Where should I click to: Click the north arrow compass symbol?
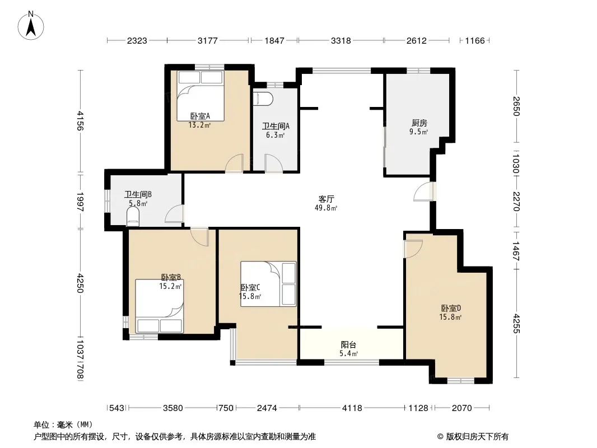tap(31, 26)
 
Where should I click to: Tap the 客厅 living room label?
tap(327, 199)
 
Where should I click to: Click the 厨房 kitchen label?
tap(419, 123)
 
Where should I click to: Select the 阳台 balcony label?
tap(348, 345)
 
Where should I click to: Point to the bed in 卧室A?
tap(200, 96)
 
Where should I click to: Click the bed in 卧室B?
tap(160, 306)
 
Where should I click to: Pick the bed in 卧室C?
tap(268, 284)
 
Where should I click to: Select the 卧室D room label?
tap(451, 308)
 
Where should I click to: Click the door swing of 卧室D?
tap(413, 249)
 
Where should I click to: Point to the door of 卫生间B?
tap(175, 213)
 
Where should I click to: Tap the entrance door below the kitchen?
tap(425, 192)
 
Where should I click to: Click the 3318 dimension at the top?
tap(341, 40)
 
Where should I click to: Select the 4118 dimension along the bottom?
tap(352, 408)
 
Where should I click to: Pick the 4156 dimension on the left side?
tap(80, 120)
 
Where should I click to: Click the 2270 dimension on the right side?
tap(516, 202)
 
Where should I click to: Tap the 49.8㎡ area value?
tap(326, 208)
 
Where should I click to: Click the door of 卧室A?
tap(234, 164)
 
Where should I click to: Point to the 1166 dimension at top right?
tap(475, 40)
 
